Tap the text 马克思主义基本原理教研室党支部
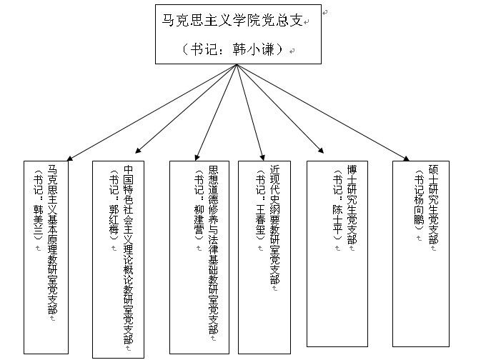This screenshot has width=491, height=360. (52, 239)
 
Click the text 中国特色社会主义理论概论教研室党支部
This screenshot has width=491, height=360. (129, 254)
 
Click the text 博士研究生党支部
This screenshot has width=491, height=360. (351, 203)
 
